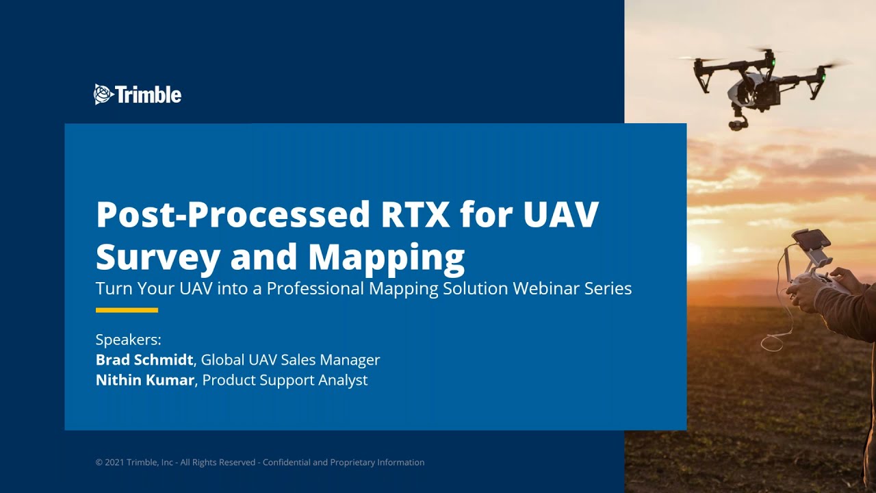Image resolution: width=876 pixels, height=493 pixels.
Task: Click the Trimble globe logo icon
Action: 103,94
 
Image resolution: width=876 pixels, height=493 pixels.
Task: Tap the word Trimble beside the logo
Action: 149,94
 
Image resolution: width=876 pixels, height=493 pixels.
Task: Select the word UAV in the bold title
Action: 561,214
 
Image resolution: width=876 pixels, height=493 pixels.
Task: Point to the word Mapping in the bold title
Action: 386,257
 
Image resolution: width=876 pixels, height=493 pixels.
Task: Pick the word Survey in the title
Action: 158,257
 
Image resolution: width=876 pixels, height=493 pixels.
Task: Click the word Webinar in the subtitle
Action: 547,288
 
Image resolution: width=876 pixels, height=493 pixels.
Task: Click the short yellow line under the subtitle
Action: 127,310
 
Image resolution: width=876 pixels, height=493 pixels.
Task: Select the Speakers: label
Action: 128,340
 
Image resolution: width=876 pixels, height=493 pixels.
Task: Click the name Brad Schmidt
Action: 144,359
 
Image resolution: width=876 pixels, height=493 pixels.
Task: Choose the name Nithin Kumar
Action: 144,380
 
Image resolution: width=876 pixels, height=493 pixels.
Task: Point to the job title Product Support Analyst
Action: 285,380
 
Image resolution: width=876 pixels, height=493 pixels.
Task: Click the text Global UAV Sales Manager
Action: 290,359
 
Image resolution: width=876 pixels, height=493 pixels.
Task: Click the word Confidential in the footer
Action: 287,463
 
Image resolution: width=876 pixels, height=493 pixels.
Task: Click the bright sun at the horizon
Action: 693,255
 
